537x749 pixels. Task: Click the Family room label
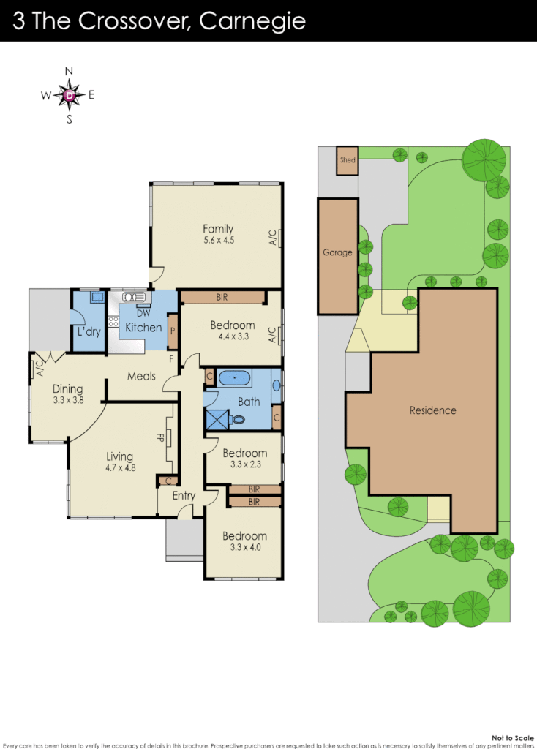[218, 229]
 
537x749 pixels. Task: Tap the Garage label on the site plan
[337, 252]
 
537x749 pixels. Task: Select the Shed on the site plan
[348, 161]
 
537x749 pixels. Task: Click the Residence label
[432, 410]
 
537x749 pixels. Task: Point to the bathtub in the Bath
[234, 379]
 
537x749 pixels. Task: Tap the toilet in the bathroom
[238, 420]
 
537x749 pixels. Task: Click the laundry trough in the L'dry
[97, 298]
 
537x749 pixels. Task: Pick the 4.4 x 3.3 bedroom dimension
[233, 337]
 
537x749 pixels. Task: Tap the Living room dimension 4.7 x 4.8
[119, 468]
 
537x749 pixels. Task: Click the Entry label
[184, 496]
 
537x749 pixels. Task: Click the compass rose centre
[70, 94]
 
